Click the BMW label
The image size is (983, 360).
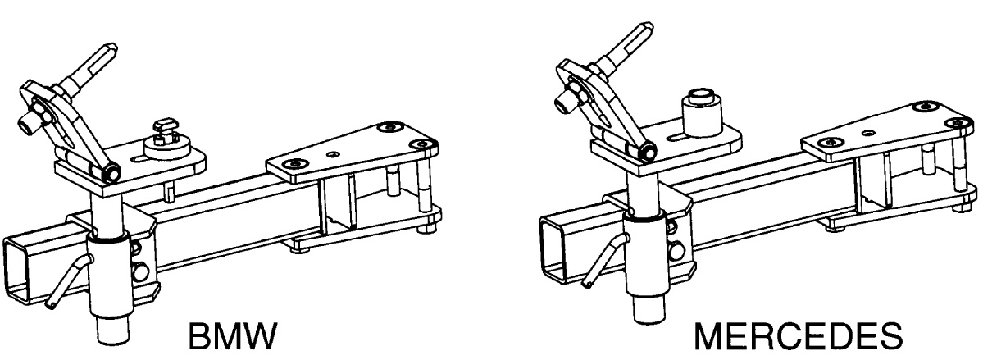tap(232, 337)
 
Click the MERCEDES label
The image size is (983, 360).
tap(798, 337)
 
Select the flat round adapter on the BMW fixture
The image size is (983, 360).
tap(166, 149)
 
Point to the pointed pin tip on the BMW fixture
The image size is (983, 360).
tap(111, 48)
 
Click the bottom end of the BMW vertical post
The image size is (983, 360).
tap(114, 332)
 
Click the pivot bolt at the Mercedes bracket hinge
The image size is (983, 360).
tap(646, 151)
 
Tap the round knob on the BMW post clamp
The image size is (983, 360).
tap(141, 271)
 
